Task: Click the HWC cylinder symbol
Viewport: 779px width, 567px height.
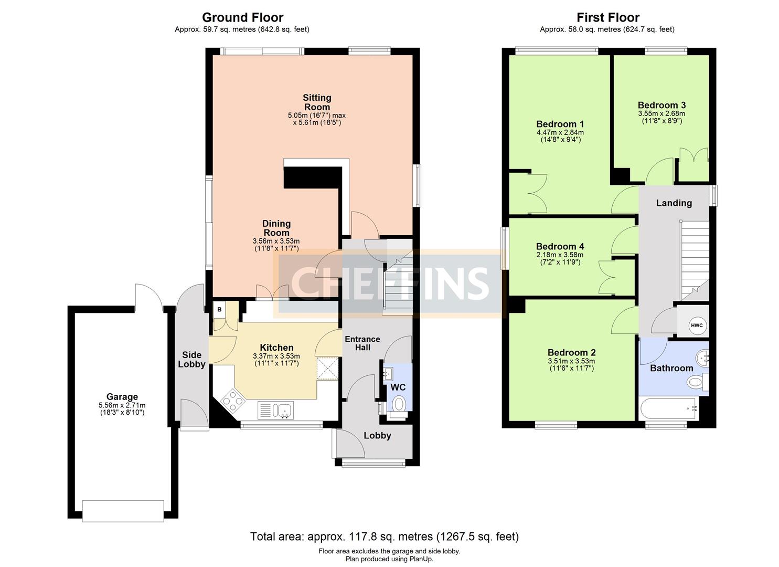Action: (696, 325)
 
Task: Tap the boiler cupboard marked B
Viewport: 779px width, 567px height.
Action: (220, 310)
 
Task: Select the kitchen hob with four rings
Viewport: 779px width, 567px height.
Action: (232, 401)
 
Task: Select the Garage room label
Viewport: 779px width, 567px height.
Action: (122, 397)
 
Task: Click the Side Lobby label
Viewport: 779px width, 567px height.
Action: (191, 360)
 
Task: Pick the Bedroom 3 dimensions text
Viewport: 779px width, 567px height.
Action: (661, 117)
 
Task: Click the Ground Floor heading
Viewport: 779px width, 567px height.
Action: (242, 17)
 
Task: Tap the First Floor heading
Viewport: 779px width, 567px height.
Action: (607, 17)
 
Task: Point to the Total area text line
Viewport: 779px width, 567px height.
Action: (384, 537)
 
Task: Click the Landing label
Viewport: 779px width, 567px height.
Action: (674, 203)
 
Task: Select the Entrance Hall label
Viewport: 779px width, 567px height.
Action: (362, 343)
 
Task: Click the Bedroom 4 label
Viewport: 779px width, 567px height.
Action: (560, 246)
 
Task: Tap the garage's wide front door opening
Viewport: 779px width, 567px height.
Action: (123, 511)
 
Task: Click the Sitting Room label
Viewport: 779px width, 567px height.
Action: (317, 102)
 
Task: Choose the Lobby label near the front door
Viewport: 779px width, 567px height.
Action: (377, 435)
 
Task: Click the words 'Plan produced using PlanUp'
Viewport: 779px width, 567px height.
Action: (389, 559)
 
